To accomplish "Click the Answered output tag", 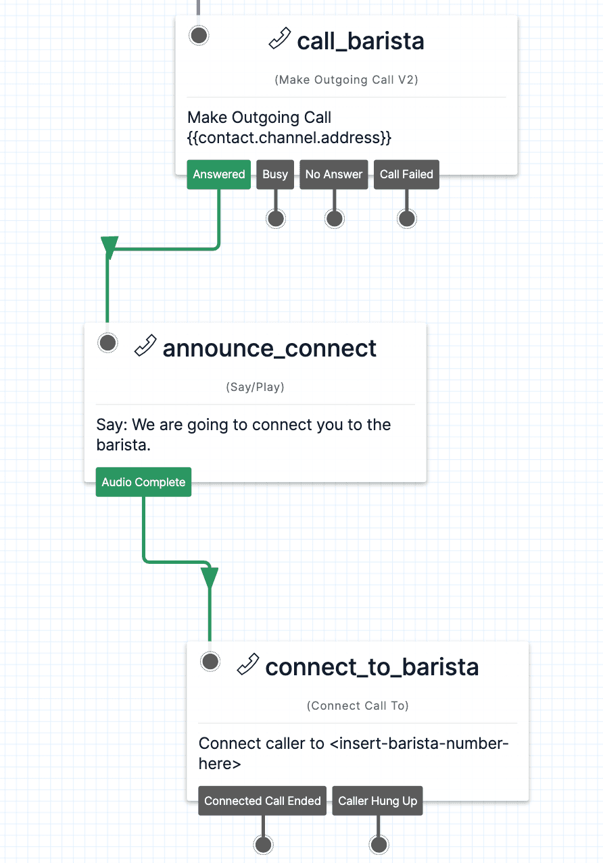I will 218,174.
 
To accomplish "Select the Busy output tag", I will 275,174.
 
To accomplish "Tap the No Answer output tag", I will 334,174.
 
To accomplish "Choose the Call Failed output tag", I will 406,174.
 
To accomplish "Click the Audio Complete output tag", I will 143,482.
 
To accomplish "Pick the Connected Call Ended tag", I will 262,801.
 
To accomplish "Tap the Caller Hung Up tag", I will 377,801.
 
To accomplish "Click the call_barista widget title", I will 360,41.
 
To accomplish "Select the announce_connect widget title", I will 270,348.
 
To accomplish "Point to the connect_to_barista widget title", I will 372,667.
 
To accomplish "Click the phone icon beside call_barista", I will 280,40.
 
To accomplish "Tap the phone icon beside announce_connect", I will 145,346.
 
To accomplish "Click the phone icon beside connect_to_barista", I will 248,665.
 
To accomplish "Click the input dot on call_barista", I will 199,36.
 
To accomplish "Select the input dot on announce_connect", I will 108,343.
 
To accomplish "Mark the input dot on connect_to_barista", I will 210,662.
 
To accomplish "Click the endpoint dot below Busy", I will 275,219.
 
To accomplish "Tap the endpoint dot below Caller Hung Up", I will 379,845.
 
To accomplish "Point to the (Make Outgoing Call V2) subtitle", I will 346,80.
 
